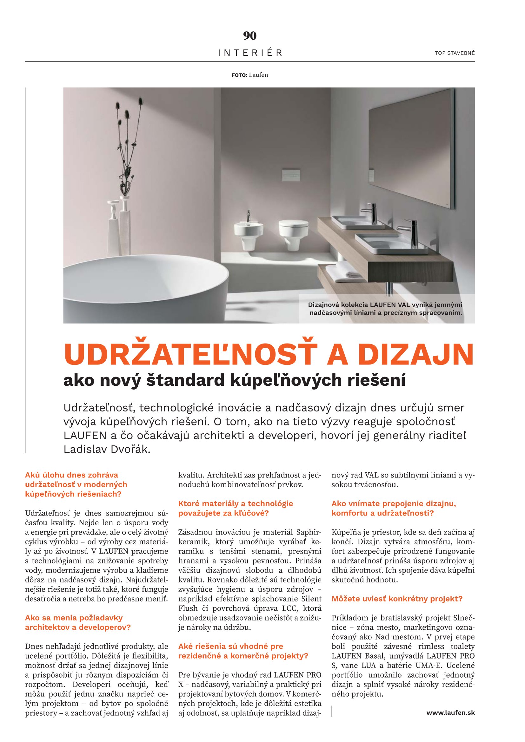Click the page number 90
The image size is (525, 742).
tap(249, 36)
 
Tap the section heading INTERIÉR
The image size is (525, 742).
tap(250, 53)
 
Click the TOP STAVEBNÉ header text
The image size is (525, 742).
tap(455, 53)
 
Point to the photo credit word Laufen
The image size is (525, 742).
tap(258, 75)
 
